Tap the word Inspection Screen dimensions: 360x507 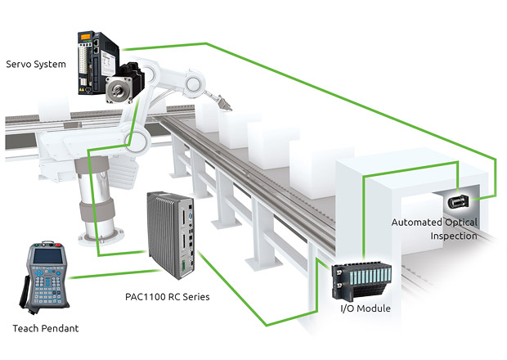[454, 236]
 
